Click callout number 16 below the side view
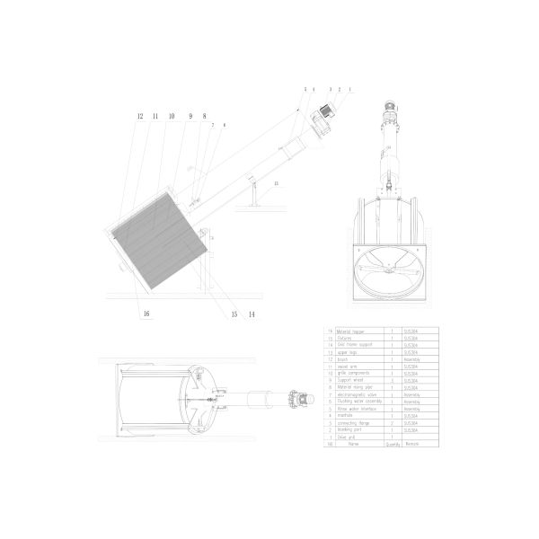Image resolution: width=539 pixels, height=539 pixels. point(146,314)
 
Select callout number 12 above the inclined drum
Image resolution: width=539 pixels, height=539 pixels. point(139,117)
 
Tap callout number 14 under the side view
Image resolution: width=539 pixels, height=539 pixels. point(252,314)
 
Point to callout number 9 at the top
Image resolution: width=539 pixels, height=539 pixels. point(190,117)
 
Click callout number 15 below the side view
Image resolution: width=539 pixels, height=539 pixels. point(234,314)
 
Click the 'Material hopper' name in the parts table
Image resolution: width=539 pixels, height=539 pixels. point(350,331)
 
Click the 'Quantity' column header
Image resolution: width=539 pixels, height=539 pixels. point(393,443)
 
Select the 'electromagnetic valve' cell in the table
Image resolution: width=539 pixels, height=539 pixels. point(355,393)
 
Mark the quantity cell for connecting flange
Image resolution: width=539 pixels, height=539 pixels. point(393,421)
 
